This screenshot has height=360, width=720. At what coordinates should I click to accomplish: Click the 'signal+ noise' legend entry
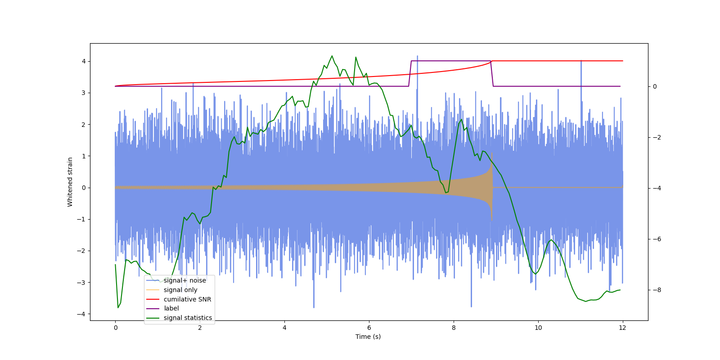coord(184,280)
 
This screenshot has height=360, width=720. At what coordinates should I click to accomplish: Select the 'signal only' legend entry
coord(180,290)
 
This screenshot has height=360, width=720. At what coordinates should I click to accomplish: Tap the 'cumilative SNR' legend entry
coord(187,299)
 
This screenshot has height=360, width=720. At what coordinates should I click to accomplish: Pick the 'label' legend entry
coord(171,308)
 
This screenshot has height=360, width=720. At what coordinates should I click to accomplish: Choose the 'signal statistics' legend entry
coord(188,318)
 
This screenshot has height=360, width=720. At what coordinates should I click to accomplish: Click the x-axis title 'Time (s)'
coord(368,337)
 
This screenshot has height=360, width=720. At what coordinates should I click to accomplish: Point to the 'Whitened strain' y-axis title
coord(70,182)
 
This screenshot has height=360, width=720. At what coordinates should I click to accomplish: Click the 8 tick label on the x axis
coord(454,328)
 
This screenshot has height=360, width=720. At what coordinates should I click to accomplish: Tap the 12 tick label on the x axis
coord(622,328)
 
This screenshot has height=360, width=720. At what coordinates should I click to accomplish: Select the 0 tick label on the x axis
coord(116,328)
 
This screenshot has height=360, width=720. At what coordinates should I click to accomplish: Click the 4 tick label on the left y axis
coord(84,61)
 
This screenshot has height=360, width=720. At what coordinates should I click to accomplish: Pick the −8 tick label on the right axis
coord(657,290)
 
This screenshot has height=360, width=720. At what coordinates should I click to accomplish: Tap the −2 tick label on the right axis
coord(657,137)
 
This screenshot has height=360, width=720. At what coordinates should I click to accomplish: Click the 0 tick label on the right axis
coord(655,86)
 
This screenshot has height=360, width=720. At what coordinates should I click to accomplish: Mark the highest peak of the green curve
coord(332,56)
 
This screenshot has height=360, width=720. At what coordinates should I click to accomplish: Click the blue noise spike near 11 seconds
coord(581,61)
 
